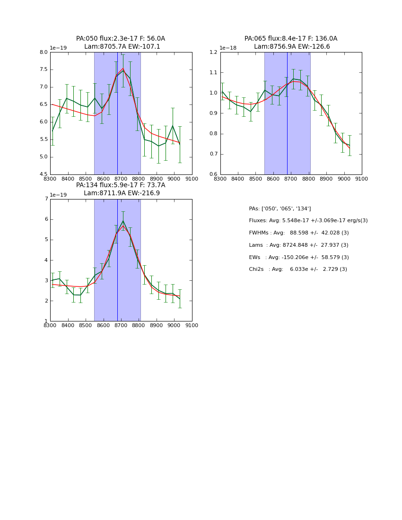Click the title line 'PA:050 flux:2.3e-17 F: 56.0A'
[x=121, y=39]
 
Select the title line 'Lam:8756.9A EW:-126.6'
[x=291, y=47]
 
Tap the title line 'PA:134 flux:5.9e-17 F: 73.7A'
[x=121, y=185]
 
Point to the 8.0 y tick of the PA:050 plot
[x=43, y=52]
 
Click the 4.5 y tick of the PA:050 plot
[x=43, y=174]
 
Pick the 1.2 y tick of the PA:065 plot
[x=213, y=52]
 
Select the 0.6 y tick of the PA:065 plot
[x=213, y=174]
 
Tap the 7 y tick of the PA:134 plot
[x=46, y=199]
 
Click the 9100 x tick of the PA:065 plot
[x=362, y=179]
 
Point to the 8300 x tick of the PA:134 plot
[x=50, y=326]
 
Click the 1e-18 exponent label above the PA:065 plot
[x=228, y=48]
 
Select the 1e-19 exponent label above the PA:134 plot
[x=58, y=195]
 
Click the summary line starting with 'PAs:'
[x=280, y=208]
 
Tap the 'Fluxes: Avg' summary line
[x=308, y=221]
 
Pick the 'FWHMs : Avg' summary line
[x=299, y=233]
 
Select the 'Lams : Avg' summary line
[x=298, y=245]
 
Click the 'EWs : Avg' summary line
[x=299, y=257]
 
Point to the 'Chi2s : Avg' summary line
[x=298, y=269]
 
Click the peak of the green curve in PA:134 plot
[x=123, y=221]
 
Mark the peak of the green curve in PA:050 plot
[x=123, y=70]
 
